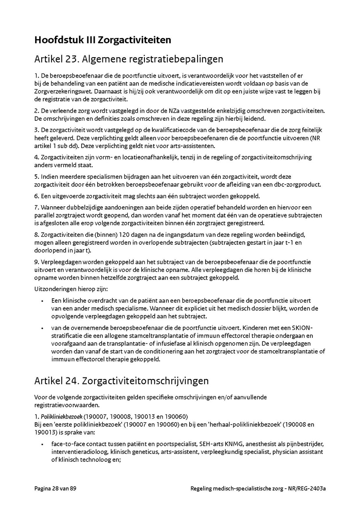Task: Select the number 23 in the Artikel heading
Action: coord(70,60)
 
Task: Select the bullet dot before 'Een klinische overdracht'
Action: coord(42,300)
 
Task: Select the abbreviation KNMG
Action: coord(232,444)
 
